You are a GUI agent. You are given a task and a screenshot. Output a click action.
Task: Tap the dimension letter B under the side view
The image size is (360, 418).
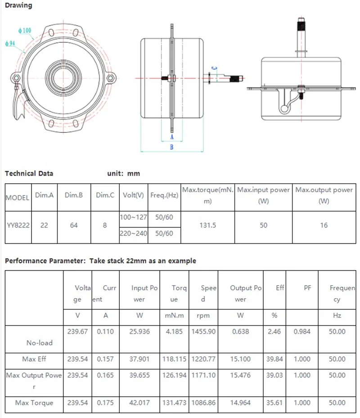(171, 146)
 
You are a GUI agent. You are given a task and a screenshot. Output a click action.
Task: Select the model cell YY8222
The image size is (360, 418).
(18, 225)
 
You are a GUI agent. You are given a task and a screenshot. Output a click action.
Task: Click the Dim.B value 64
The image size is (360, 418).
(74, 225)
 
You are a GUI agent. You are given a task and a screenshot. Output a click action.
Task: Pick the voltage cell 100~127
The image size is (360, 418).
(133, 217)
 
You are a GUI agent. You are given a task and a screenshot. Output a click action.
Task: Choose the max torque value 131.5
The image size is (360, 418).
(207, 225)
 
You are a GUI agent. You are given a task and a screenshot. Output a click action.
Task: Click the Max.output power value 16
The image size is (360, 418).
(324, 225)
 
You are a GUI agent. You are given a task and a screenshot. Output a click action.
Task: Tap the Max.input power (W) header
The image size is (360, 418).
(263, 195)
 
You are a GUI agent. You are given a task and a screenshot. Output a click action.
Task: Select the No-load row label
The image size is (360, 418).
(39, 343)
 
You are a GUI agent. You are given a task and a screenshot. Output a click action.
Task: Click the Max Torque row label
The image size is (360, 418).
(34, 403)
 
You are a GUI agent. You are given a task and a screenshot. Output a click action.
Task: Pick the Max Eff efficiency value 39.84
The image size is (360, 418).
(274, 359)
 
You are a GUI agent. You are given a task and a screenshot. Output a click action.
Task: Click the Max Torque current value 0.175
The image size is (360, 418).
(105, 403)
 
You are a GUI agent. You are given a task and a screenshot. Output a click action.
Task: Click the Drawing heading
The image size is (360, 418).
(18, 5)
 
